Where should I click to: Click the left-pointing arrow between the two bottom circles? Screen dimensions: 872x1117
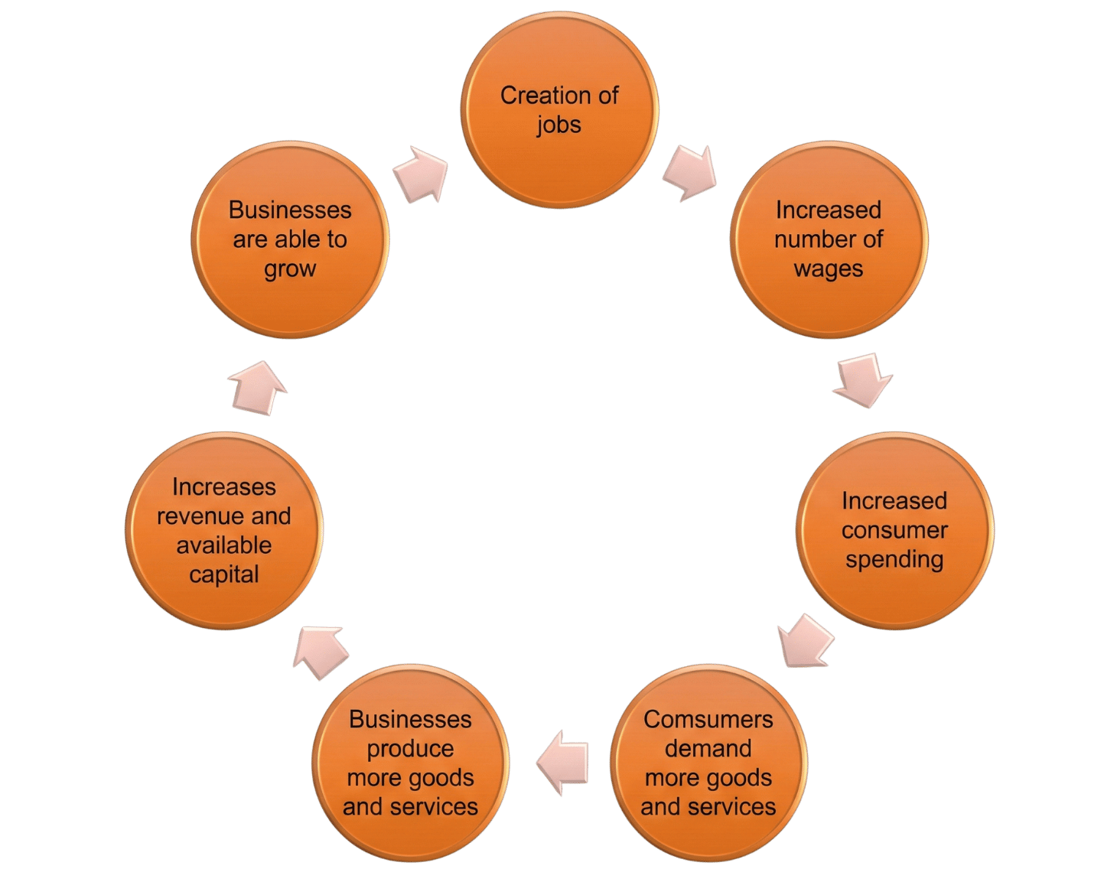(564, 762)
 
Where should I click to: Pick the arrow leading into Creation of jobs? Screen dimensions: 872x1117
(422, 173)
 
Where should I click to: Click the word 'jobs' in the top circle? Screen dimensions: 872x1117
(559, 125)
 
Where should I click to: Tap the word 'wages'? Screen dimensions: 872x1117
(829, 269)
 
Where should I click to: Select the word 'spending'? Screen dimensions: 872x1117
(894, 559)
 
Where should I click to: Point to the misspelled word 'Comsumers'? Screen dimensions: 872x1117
(708, 719)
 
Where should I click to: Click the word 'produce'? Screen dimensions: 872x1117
(410, 749)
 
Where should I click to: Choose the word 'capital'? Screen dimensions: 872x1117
(224, 574)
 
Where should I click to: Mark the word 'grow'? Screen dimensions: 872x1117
(290, 269)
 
